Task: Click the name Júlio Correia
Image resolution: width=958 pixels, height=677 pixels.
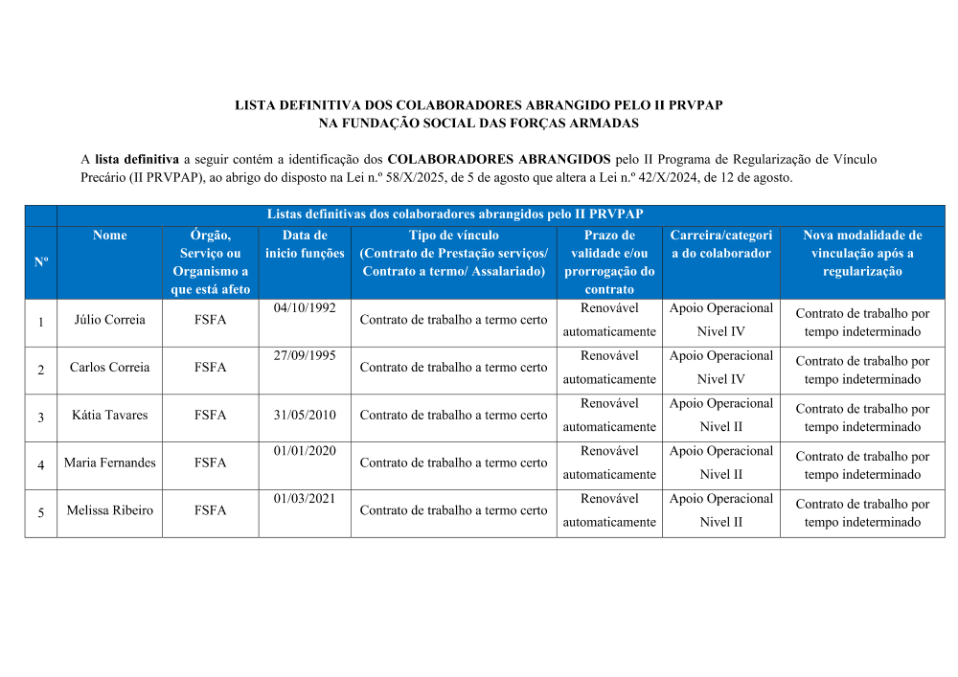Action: [109, 320]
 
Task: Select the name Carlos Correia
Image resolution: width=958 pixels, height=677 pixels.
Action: [109, 368]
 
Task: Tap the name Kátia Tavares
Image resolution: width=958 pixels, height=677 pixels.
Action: [109, 416]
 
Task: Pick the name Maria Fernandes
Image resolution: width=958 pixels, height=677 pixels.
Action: [109, 463]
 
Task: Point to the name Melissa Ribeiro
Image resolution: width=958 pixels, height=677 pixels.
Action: [109, 510]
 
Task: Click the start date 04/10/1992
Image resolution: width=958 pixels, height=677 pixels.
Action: [305, 308]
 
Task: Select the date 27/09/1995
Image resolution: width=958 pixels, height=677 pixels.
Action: [305, 356]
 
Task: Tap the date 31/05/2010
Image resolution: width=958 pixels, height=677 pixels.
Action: [305, 416]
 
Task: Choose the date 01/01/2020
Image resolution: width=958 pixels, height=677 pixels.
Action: [305, 451]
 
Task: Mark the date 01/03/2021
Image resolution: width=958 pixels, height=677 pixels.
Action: [305, 499]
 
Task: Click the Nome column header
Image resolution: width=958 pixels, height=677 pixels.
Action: [109, 236]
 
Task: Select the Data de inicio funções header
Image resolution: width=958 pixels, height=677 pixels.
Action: [305, 244]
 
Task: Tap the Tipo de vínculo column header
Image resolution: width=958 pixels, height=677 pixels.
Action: [454, 236]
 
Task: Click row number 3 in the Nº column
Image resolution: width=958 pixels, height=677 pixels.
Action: [41, 417]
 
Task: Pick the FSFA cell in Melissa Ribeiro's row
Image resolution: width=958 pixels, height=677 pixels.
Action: [210, 510]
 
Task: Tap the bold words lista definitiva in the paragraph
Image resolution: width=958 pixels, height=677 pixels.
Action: [137, 159]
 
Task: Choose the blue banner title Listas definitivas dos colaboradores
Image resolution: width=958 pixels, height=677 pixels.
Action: [455, 214]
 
